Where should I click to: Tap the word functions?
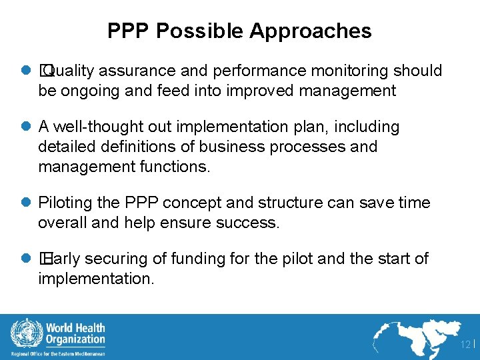point(173,167)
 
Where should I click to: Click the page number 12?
point(465,344)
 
